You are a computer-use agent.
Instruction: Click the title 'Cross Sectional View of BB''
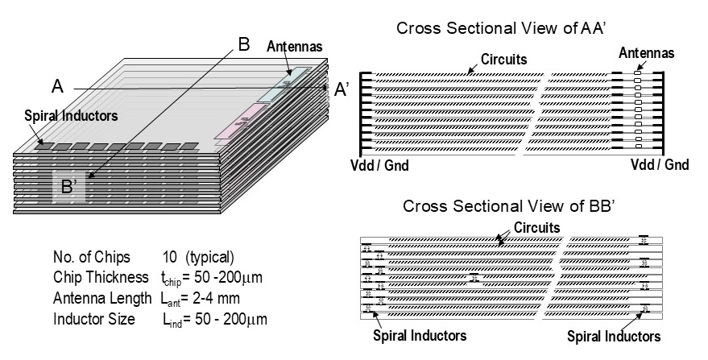click(x=509, y=207)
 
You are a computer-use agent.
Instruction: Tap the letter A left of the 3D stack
click(x=57, y=86)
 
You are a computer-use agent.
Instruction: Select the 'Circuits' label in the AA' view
click(x=504, y=59)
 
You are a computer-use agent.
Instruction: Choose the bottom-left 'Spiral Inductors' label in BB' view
click(x=419, y=335)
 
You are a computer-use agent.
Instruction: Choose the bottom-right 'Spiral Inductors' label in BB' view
click(x=614, y=336)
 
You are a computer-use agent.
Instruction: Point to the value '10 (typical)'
click(x=198, y=258)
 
